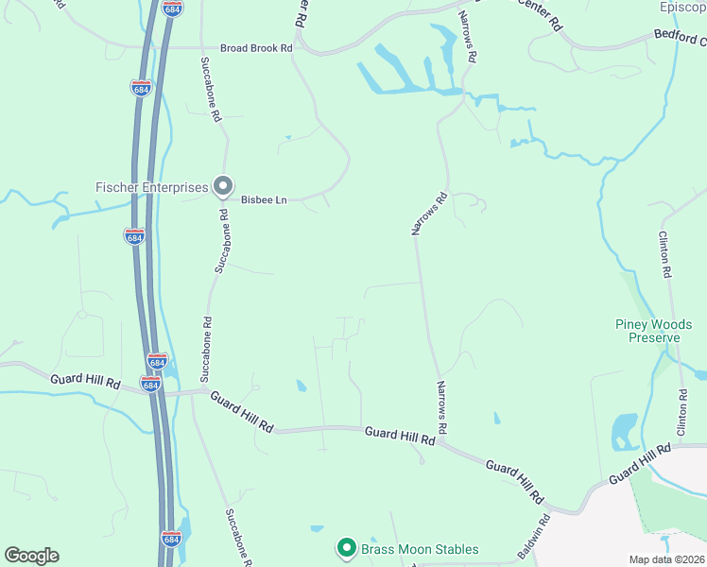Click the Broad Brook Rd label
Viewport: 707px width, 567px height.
tap(256, 47)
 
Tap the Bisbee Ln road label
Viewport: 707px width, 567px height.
tap(264, 199)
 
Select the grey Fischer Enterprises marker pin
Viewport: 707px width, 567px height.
tap(223, 186)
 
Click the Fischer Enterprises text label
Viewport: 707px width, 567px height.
tap(151, 187)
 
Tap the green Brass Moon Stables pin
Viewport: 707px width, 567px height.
tap(347, 548)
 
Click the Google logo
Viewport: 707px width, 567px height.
tap(31, 556)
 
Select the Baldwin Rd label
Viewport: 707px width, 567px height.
tap(535, 535)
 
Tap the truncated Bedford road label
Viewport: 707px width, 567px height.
tap(680, 37)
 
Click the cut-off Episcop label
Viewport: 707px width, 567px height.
tap(682, 7)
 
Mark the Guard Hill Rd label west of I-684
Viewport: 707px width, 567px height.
tap(86, 383)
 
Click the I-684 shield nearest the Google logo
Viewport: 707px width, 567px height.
tap(171, 538)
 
